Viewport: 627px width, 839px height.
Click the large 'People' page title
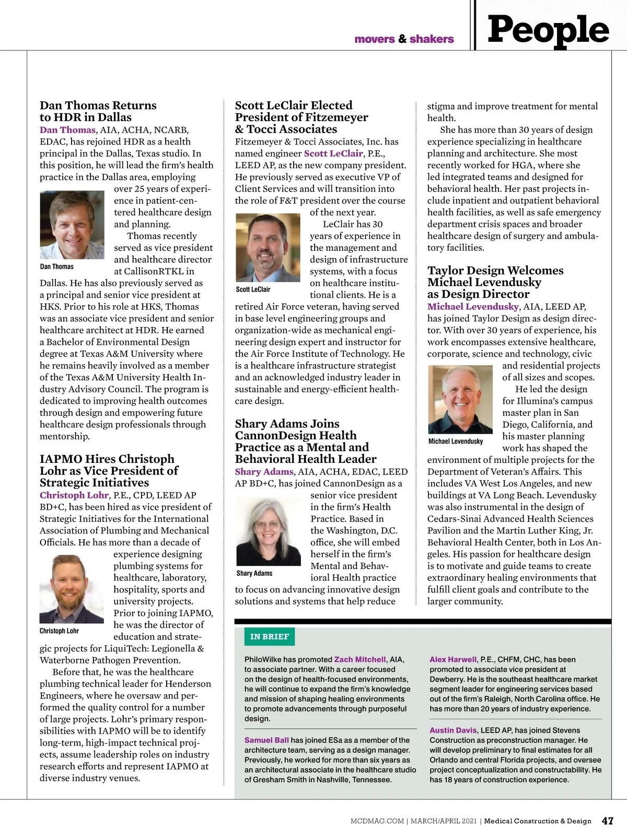548,30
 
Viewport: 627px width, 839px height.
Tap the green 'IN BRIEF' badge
269,636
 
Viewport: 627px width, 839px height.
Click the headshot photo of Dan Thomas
72,225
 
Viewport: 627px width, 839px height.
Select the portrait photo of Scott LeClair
268,247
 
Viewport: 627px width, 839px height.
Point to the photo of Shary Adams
268,531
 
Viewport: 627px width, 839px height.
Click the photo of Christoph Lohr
72,589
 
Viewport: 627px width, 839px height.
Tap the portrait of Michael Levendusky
460,400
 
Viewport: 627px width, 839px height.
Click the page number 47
607,821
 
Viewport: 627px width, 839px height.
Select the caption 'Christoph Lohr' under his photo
59,631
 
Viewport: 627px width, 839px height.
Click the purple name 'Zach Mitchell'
360,659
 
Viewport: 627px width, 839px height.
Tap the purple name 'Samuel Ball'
266,740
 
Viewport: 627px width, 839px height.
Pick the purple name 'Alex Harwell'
453,659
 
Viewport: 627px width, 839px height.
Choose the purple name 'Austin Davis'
453,730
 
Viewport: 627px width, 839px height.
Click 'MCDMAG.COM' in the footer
377,821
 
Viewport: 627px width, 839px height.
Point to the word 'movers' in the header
375,39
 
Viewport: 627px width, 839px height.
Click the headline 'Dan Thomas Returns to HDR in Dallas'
98,111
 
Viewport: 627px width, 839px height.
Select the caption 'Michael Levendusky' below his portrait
456,441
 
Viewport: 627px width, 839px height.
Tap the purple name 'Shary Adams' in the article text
264,471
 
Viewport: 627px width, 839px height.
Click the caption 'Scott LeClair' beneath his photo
253,289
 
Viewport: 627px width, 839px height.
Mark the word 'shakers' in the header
432,39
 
